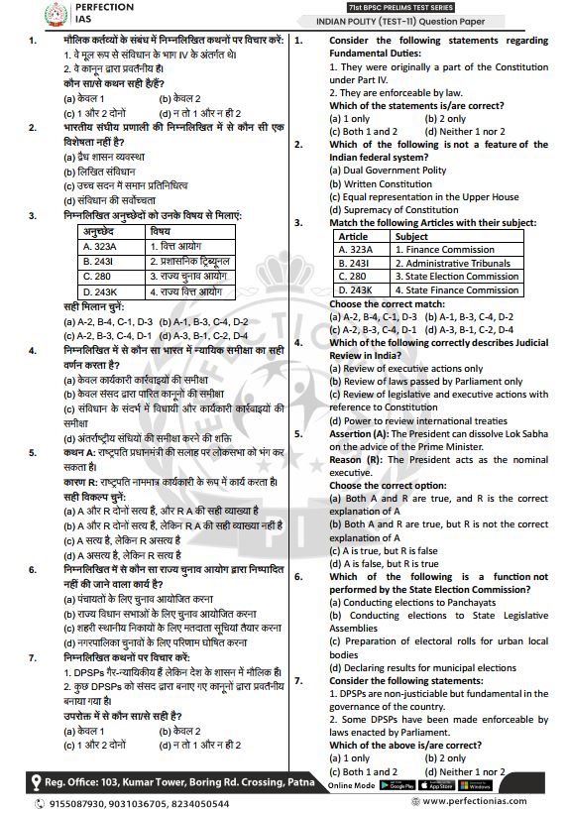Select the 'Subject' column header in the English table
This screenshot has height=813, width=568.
tap(412, 237)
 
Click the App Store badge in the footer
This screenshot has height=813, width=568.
tap(436, 785)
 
